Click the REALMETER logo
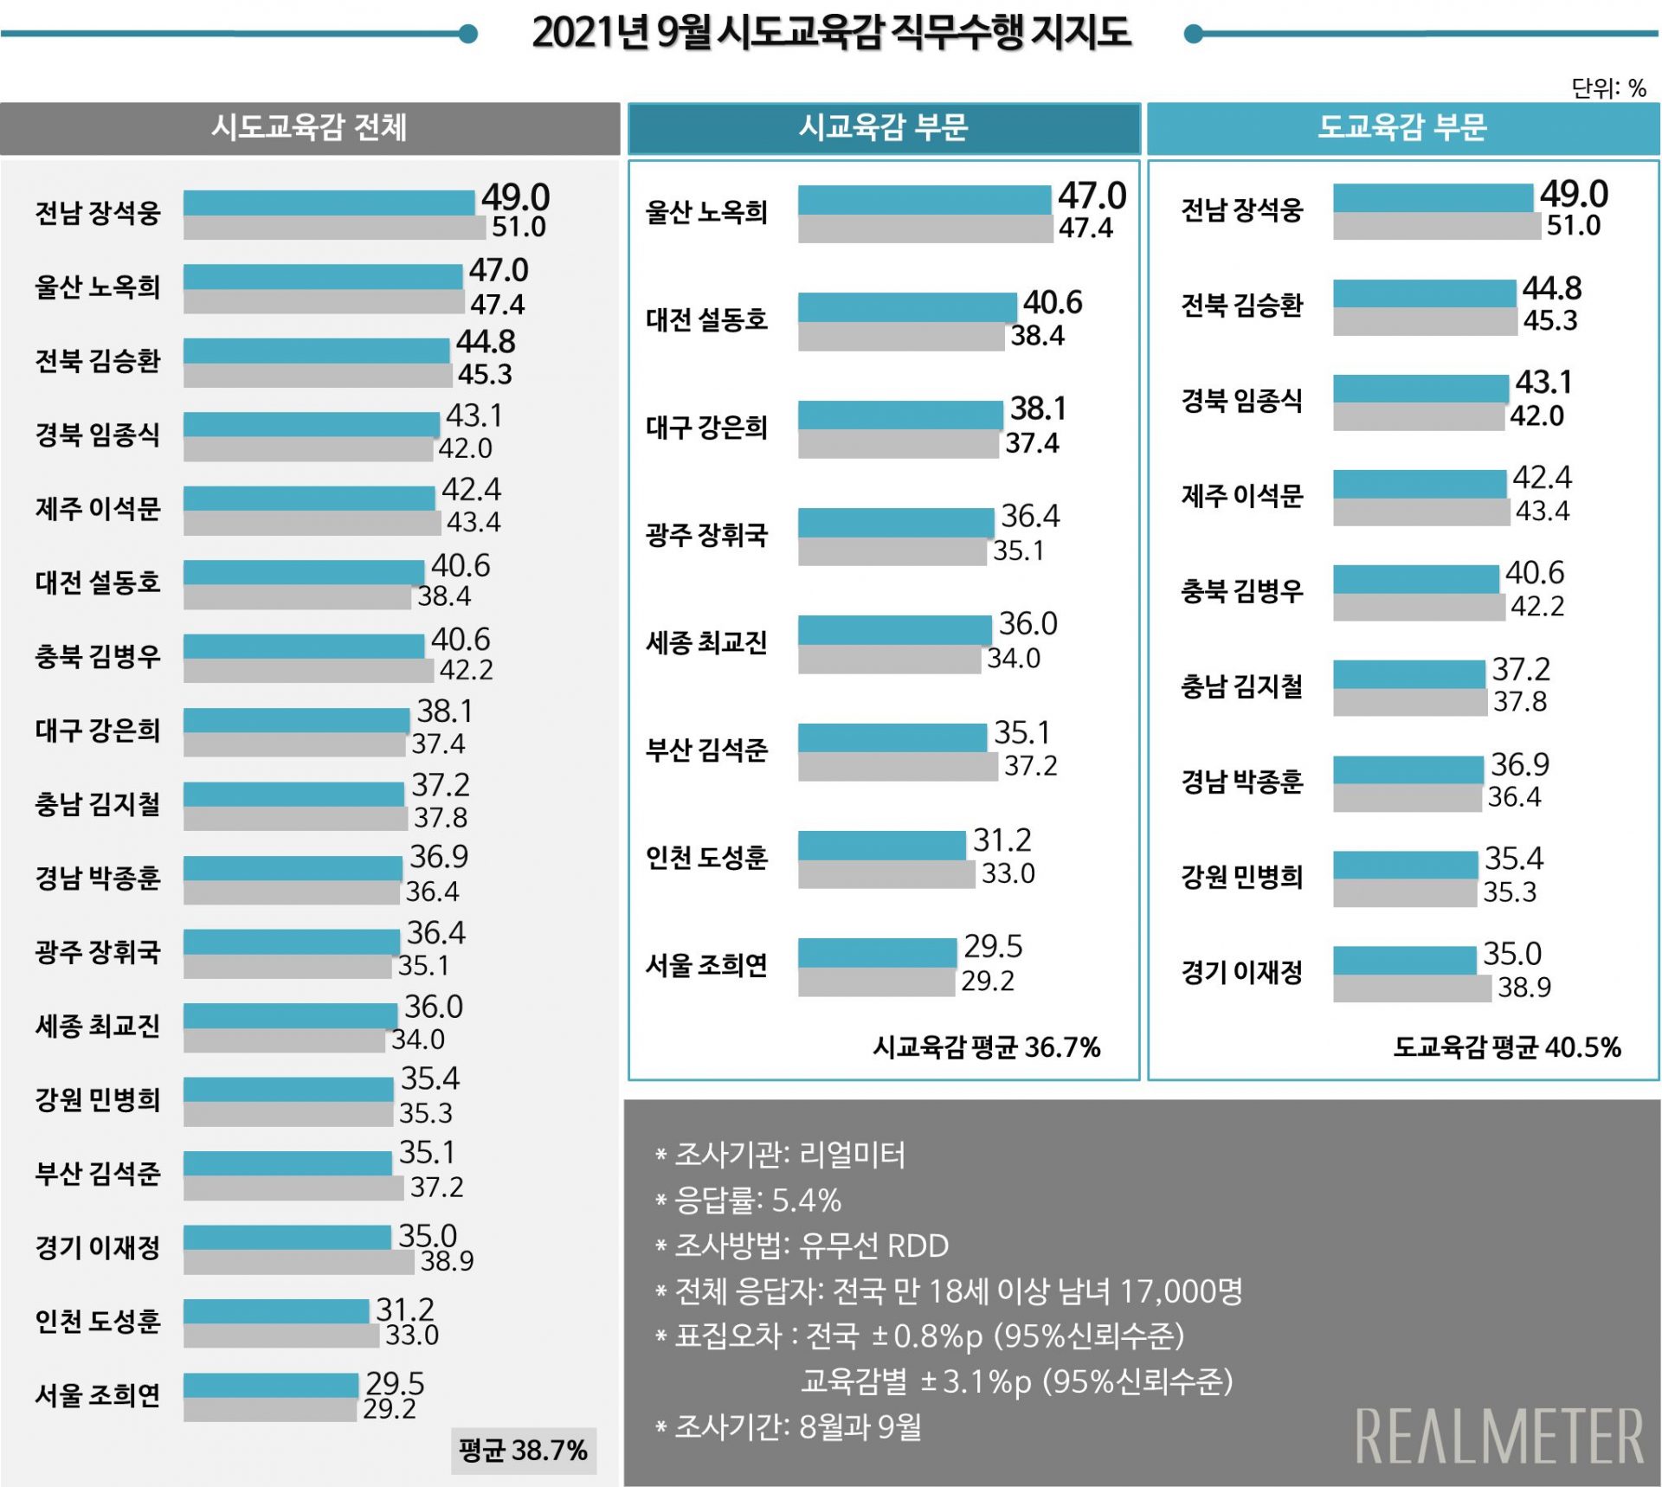click(x=1498, y=1436)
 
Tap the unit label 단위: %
click(x=1608, y=88)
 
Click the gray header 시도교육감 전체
click(x=309, y=128)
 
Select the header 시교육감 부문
click(x=883, y=128)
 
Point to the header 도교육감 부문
click(x=1402, y=128)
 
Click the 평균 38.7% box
click(x=523, y=1450)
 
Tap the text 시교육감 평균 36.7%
click(x=986, y=1047)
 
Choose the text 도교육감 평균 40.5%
click(x=1506, y=1047)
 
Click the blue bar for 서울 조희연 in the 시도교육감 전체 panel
click(x=270, y=1385)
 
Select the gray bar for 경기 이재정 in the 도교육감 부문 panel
click(x=1411, y=988)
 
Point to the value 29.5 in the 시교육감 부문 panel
click(x=993, y=947)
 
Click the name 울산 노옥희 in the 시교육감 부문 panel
click(x=706, y=212)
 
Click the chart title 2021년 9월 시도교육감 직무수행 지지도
click(x=831, y=33)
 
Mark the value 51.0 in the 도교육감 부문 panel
click(x=1573, y=226)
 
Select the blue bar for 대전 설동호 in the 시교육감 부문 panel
click(x=906, y=307)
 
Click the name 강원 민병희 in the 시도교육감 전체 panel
click(x=98, y=1099)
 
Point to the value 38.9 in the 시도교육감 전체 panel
click(x=447, y=1261)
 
